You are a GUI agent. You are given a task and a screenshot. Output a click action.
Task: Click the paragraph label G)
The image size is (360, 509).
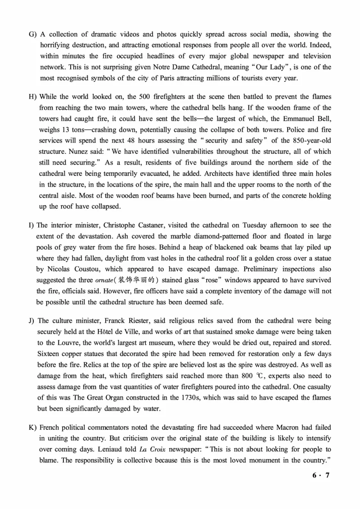32,35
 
